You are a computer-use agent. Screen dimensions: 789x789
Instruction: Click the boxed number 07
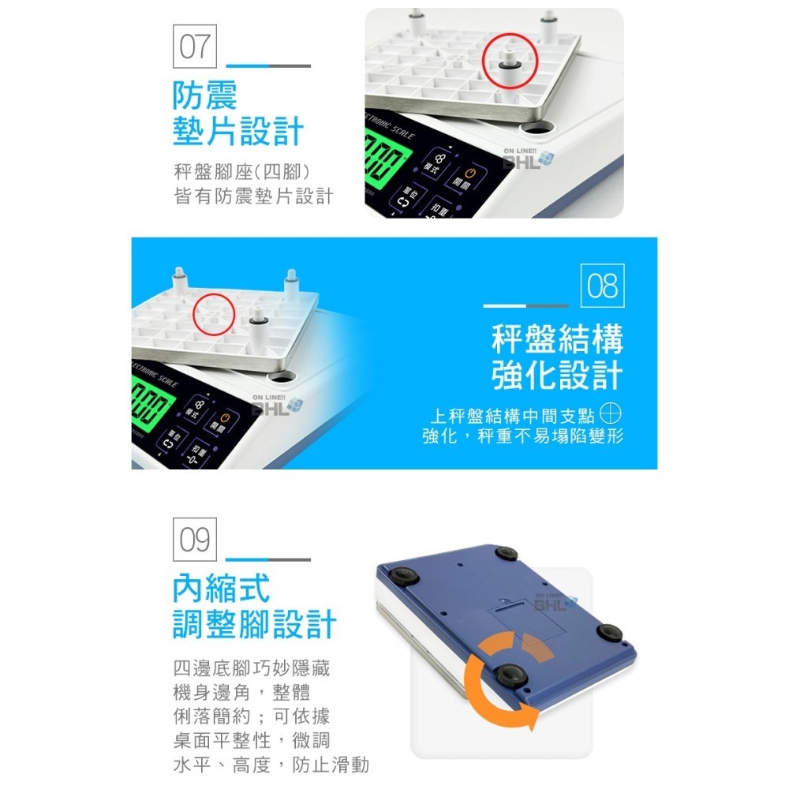tap(195, 48)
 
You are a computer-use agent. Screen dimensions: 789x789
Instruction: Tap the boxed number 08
tap(602, 286)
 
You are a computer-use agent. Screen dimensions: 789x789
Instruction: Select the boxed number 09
tap(195, 540)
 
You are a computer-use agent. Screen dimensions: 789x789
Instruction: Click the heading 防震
tap(205, 96)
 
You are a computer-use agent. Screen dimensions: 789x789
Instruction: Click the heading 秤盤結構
tap(557, 339)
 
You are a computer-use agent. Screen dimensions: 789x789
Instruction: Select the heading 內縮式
tap(222, 588)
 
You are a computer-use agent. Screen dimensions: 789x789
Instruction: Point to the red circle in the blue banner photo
tap(214, 312)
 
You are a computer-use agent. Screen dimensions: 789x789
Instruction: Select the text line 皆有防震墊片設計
tap(253, 196)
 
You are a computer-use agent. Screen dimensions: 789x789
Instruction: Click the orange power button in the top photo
tap(470, 174)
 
